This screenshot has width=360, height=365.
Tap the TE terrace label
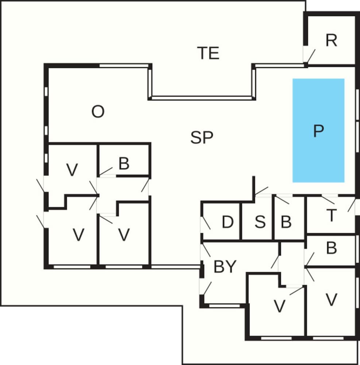208,53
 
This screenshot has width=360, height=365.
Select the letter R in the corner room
331,41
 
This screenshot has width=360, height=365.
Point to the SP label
202,138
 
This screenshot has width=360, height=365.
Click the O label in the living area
98,112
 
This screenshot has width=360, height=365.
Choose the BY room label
225,267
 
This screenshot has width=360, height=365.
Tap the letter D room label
228,222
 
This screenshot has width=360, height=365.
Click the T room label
331,216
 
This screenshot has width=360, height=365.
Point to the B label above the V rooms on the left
124,164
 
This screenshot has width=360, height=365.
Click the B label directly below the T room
331,248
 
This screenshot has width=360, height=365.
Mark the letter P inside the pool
318,131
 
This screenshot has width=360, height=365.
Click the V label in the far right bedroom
331,300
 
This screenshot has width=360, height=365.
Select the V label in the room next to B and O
72,170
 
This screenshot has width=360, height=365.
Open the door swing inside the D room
206,223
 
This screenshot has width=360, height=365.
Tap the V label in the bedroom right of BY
279,307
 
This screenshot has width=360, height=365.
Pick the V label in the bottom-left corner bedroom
78,235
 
